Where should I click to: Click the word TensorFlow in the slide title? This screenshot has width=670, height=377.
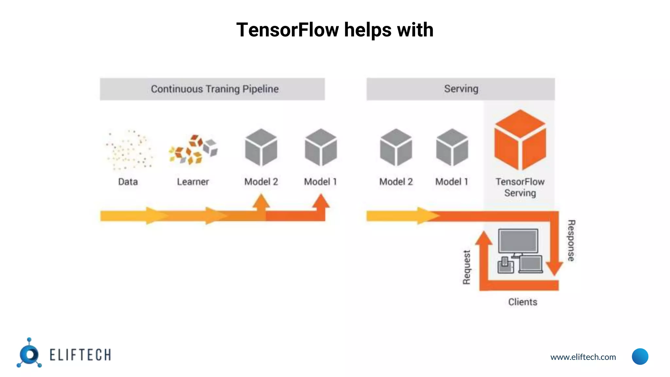(288, 30)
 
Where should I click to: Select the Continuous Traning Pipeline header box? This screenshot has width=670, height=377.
(212, 89)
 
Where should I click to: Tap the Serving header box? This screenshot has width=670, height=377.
(461, 89)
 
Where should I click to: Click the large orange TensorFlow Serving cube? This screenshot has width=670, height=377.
(520, 140)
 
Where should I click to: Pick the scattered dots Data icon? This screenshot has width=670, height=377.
(128, 150)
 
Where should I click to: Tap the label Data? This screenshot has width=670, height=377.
(128, 182)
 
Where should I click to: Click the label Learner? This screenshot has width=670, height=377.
(193, 182)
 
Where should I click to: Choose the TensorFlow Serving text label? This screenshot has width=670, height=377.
(520, 187)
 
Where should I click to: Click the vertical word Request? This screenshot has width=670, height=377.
(467, 267)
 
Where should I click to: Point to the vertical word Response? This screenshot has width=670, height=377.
(571, 241)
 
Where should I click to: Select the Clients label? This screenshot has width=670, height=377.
(522, 302)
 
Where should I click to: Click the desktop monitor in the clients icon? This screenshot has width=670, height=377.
(518, 241)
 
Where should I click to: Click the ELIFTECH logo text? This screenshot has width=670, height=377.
(80, 355)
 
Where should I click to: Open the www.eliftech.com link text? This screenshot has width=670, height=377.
(583, 357)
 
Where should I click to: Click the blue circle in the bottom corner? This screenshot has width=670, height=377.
(640, 356)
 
